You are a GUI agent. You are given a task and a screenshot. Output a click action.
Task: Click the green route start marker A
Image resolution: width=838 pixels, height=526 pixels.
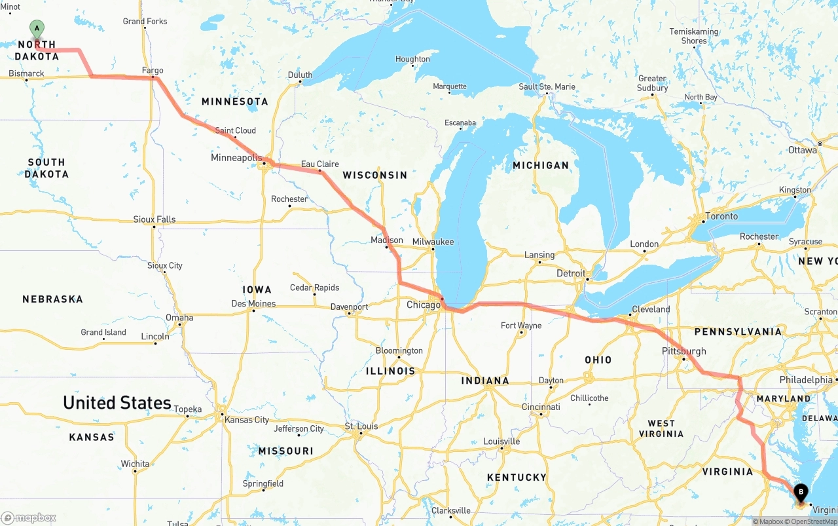[x=37, y=28]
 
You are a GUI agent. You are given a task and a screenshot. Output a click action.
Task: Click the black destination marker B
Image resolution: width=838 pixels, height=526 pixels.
[x=800, y=492]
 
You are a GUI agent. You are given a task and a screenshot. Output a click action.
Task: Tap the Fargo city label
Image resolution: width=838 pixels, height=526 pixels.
[x=153, y=70]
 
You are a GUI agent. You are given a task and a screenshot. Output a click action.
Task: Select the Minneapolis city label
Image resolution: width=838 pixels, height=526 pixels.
[x=236, y=158]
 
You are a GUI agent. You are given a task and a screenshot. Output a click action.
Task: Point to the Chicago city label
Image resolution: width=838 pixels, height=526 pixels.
[x=424, y=305]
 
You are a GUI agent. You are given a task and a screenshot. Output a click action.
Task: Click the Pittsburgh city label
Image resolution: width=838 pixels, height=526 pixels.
[x=683, y=351]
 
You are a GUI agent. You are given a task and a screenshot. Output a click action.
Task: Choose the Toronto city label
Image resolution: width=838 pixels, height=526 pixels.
[x=721, y=216]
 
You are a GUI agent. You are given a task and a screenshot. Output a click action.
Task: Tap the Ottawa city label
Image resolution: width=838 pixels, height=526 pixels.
[x=802, y=150]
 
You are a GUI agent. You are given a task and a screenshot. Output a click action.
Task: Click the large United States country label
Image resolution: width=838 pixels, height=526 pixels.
[x=117, y=402]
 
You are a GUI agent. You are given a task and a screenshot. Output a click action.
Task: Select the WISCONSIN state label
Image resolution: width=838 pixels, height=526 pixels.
[x=375, y=175]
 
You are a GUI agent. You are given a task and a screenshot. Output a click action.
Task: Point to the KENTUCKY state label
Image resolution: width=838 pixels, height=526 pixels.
[x=517, y=478]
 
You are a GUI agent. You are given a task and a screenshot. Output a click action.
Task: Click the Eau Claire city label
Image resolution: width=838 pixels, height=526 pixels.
[x=319, y=164]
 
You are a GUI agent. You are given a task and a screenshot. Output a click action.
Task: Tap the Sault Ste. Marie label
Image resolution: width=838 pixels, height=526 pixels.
[x=547, y=86]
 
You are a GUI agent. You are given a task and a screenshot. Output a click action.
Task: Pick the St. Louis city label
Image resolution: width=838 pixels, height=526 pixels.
[x=361, y=426]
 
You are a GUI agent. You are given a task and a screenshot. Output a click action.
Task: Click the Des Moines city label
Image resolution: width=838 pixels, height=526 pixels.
[x=253, y=303]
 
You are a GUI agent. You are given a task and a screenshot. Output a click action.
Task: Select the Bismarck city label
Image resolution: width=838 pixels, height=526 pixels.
[x=26, y=73]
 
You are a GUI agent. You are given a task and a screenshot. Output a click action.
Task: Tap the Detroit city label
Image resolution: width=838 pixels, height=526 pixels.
[x=570, y=272]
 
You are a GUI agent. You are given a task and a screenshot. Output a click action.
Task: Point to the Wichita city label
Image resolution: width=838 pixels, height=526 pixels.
[x=135, y=464]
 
